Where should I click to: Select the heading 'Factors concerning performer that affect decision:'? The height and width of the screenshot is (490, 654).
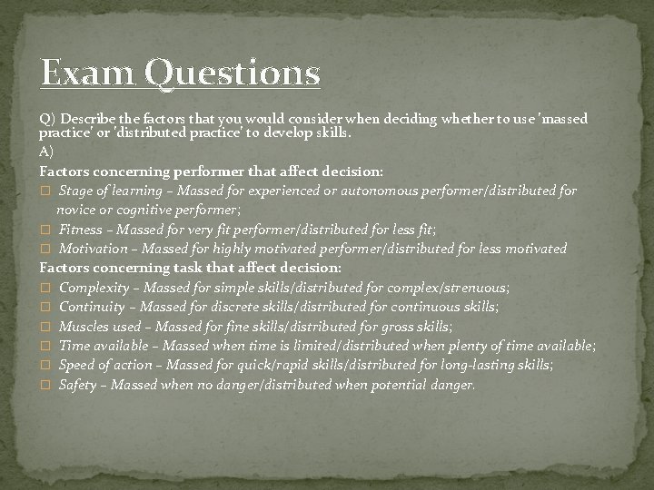pyautogui.click(x=211, y=171)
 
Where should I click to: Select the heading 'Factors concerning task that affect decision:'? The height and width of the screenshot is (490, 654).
pyautogui.click(x=191, y=268)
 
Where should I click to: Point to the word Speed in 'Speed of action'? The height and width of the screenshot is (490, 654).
pyautogui.click(x=75, y=365)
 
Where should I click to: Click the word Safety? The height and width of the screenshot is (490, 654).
pyautogui.click(x=77, y=385)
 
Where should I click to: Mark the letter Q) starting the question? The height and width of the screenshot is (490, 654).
pyautogui.click(x=46, y=120)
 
